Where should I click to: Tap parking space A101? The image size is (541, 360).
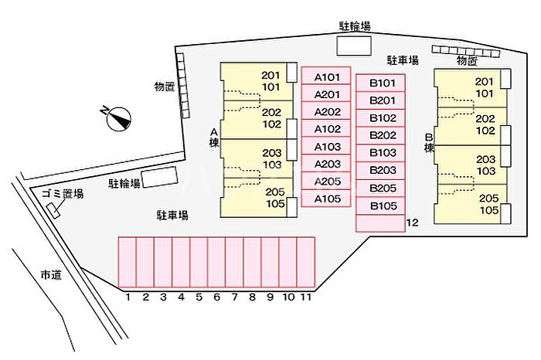(x=326, y=77)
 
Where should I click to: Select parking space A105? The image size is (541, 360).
(x=326, y=198)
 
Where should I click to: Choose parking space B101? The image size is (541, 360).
(x=382, y=83)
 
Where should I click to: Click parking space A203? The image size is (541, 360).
(x=326, y=164)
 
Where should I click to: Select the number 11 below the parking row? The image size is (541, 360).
(x=306, y=296)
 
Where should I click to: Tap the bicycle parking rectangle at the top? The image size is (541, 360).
(x=353, y=45)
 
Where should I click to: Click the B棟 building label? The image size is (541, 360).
(x=428, y=142)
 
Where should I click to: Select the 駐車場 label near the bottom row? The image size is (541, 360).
(x=173, y=215)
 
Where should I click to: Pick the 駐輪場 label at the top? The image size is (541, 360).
(x=355, y=26)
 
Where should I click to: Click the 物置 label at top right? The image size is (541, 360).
(x=467, y=60)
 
